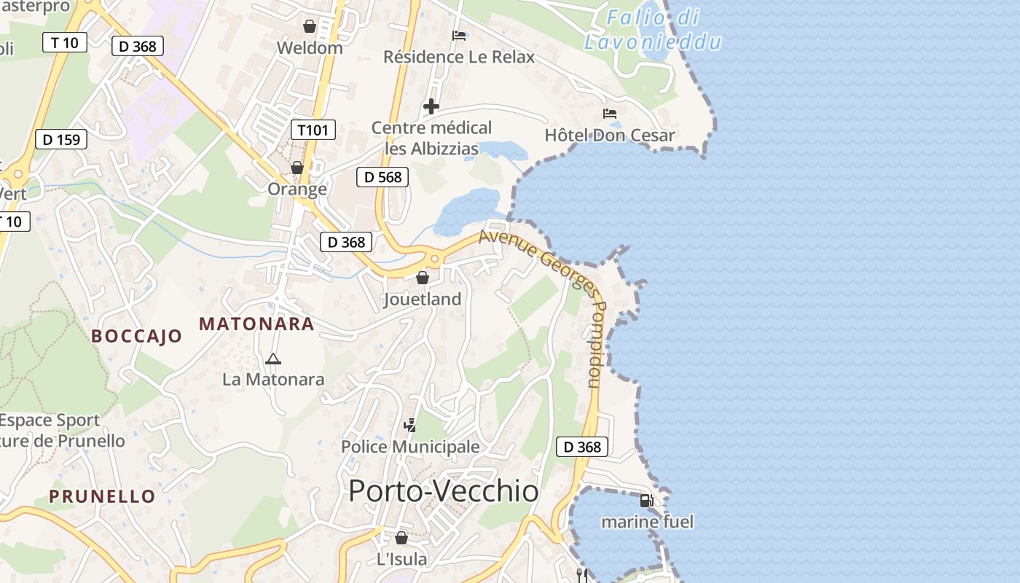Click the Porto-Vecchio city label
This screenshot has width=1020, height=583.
[443, 491]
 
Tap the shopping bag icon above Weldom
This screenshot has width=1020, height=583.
[310, 27]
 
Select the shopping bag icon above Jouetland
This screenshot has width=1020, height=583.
[423, 278]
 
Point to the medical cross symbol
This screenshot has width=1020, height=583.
[431, 107]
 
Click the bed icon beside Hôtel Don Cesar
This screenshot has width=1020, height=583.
[610, 114]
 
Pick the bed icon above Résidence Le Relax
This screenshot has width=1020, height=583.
[459, 35]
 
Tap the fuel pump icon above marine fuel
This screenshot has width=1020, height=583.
[646, 501]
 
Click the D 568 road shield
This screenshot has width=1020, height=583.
[382, 177]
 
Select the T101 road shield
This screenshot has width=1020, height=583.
[313, 130]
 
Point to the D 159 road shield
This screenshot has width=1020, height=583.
[61, 139]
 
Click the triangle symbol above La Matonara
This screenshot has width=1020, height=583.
[273, 359]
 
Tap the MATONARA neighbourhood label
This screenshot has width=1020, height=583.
[256, 324]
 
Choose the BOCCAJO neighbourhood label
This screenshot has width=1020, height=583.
[136, 336]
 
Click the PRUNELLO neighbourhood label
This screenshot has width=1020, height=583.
[102, 496]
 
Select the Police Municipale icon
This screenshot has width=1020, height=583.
[410, 426]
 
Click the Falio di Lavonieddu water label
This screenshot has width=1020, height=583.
[654, 29]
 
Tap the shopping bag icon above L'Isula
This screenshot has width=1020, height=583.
[401, 539]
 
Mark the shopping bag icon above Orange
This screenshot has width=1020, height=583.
[297, 168]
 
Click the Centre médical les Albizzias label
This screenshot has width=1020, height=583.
[431, 138]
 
